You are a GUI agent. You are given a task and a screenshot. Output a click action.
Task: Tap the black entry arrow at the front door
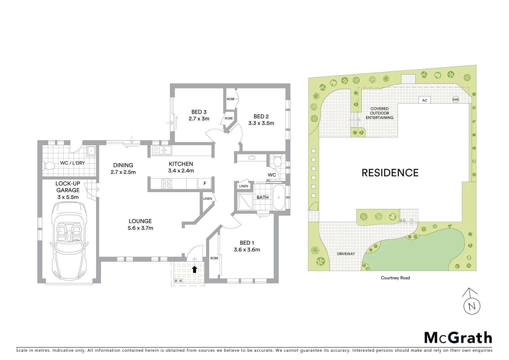(x=195, y=269)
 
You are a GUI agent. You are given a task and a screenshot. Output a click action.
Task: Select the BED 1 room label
(x=247, y=243)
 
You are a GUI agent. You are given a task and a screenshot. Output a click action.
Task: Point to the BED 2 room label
(x=261, y=116)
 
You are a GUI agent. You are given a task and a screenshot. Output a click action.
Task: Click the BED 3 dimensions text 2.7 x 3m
(x=199, y=119)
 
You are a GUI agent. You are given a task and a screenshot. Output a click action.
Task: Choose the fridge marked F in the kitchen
(x=205, y=183)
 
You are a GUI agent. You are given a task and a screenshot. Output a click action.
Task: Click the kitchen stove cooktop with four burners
(x=167, y=183)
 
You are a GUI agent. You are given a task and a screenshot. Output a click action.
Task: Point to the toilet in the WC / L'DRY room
(x=50, y=165)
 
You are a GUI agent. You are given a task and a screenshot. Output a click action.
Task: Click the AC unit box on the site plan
(x=424, y=100)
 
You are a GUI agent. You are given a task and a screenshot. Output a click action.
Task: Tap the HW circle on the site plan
(x=455, y=100)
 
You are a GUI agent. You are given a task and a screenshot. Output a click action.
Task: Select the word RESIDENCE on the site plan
(x=390, y=173)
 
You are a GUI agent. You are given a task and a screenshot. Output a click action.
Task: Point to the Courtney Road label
(x=395, y=278)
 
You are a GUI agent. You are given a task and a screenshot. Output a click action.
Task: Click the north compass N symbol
(x=472, y=305)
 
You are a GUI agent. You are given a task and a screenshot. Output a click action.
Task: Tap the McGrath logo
(x=458, y=338)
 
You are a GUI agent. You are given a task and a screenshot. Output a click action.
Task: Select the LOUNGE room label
(x=140, y=221)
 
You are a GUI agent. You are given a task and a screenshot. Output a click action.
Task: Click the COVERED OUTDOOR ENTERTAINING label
(x=379, y=113)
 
